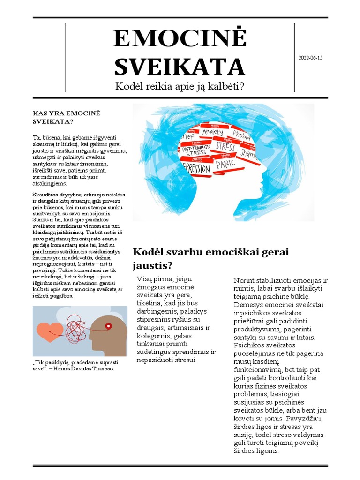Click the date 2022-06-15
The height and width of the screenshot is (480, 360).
click(310, 58)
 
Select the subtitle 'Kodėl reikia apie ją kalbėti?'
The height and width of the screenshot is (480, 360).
click(180, 87)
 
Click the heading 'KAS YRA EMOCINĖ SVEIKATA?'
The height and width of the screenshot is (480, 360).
click(67, 117)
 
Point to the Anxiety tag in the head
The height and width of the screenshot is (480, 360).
click(213, 133)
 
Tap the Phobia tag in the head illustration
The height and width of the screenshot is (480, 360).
click(241, 135)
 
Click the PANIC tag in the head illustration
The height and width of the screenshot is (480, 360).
click(225, 165)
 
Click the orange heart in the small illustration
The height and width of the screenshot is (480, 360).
click(49, 332)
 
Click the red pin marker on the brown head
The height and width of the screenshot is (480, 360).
click(109, 325)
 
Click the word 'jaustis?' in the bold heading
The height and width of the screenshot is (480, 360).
click(153, 266)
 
